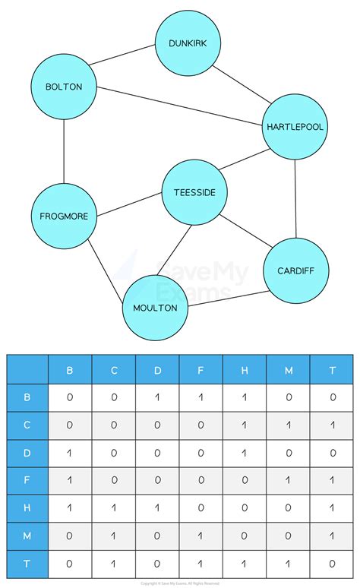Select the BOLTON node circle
pyautogui.click(x=64, y=87)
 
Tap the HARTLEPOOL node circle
pyautogui.click(x=295, y=127)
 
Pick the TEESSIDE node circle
pyautogui.click(x=194, y=192)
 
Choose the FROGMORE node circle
pyautogui.click(x=64, y=216)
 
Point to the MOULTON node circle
pyautogui.click(x=155, y=308)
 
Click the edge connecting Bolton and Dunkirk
pyautogui.click(x=122, y=55)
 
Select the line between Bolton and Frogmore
pyautogui.click(x=64, y=151)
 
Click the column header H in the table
pyautogui.click(x=245, y=370)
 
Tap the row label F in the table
pyautogui.click(x=27, y=479)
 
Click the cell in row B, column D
pyautogui.click(x=157, y=397)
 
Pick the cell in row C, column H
pyautogui.click(x=245, y=425)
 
